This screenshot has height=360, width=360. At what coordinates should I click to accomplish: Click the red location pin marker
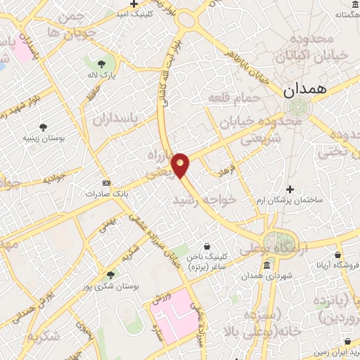coord(181,165)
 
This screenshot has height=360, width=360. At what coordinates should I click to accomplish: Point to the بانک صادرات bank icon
coord(106,181)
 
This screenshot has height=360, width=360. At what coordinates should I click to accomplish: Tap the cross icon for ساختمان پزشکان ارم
coord(290,189)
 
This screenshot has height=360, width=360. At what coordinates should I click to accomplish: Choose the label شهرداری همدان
coord(268,276)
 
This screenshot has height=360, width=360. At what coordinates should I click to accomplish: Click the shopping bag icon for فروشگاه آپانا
coord(338,255)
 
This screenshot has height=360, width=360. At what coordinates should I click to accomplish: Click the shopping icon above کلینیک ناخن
coord(208,247)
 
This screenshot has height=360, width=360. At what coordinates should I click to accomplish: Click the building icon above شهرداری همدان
coord(267,266)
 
